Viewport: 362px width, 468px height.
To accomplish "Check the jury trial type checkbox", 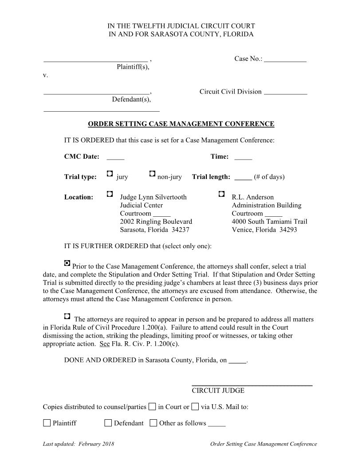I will (x=110, y=174).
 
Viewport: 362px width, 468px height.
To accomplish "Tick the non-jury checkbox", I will (x=152, y=174).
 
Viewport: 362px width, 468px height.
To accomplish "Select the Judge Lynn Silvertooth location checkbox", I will (x=110, y=194).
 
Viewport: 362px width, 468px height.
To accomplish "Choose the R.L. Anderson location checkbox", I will (x=222, y=194).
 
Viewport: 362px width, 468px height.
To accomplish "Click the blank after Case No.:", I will (x=285, y=60).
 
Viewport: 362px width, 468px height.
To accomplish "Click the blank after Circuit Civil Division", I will (x=285, y=93).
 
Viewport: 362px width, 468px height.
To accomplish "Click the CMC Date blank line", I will (x=115, y=157).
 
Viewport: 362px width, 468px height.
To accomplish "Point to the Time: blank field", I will (x=243, y=157).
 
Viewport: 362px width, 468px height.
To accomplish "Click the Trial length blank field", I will (x=243, y=178).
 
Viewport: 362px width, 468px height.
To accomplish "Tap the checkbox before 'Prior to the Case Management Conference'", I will (x=67, y=263).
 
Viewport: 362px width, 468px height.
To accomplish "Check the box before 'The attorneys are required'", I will (x=67, y=316).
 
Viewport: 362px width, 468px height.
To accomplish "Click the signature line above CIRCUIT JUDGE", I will (x=252, y=385).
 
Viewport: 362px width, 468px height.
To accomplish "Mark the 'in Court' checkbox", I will (x=152, y=406).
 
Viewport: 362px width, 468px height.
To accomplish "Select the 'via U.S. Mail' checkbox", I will (x=195, y=406).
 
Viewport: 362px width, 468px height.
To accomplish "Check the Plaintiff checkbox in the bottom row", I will (x=47, y=423).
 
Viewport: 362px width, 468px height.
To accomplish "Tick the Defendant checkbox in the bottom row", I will (x=108, y=423).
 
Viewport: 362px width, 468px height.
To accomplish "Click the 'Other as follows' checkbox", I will (x=153, y=423).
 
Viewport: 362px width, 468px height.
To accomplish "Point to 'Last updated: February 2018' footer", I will (x=79, y=444).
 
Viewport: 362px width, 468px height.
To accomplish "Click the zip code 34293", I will (x=288, y=230).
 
